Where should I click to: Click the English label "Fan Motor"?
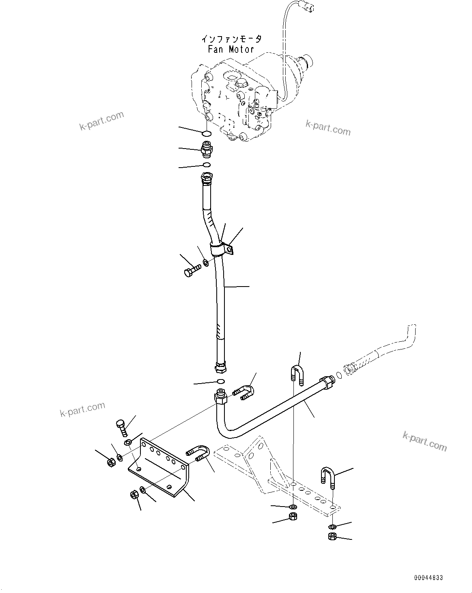tap(231, 50)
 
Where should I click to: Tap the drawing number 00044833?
tap(429, 578)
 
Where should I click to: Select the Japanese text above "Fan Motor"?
tap(231, 39)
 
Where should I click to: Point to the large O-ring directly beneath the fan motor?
tap(206, 133)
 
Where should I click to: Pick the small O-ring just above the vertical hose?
tap(207, 165)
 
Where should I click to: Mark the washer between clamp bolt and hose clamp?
tap(206, 262)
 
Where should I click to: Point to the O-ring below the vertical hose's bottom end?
tap(221, 381)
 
